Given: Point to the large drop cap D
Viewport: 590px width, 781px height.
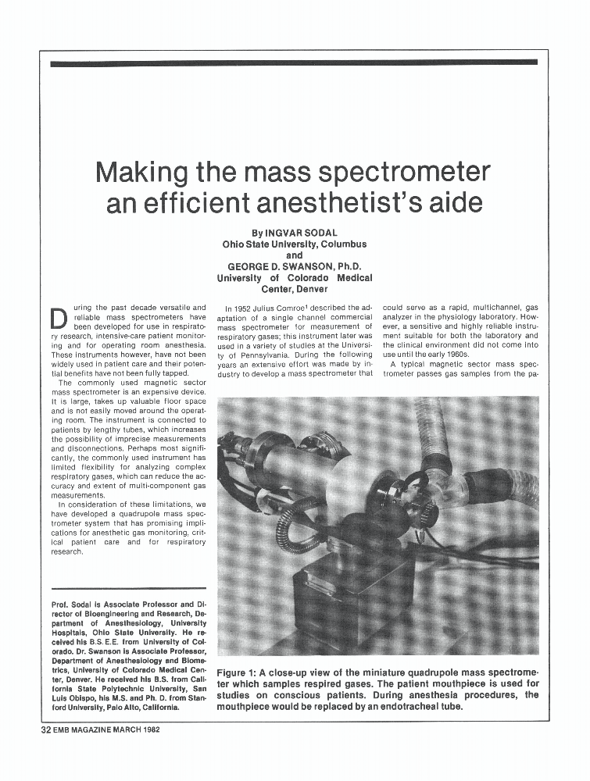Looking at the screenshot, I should (x=59, y=319).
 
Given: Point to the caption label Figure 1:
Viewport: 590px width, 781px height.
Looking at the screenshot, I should (x=243, y=673).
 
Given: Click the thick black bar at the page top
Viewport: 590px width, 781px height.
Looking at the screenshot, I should (x=294, y=62).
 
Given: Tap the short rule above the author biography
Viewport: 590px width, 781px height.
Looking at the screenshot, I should (x=128, y=588).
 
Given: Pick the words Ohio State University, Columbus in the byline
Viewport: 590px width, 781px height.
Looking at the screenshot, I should (x=295, y=244).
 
